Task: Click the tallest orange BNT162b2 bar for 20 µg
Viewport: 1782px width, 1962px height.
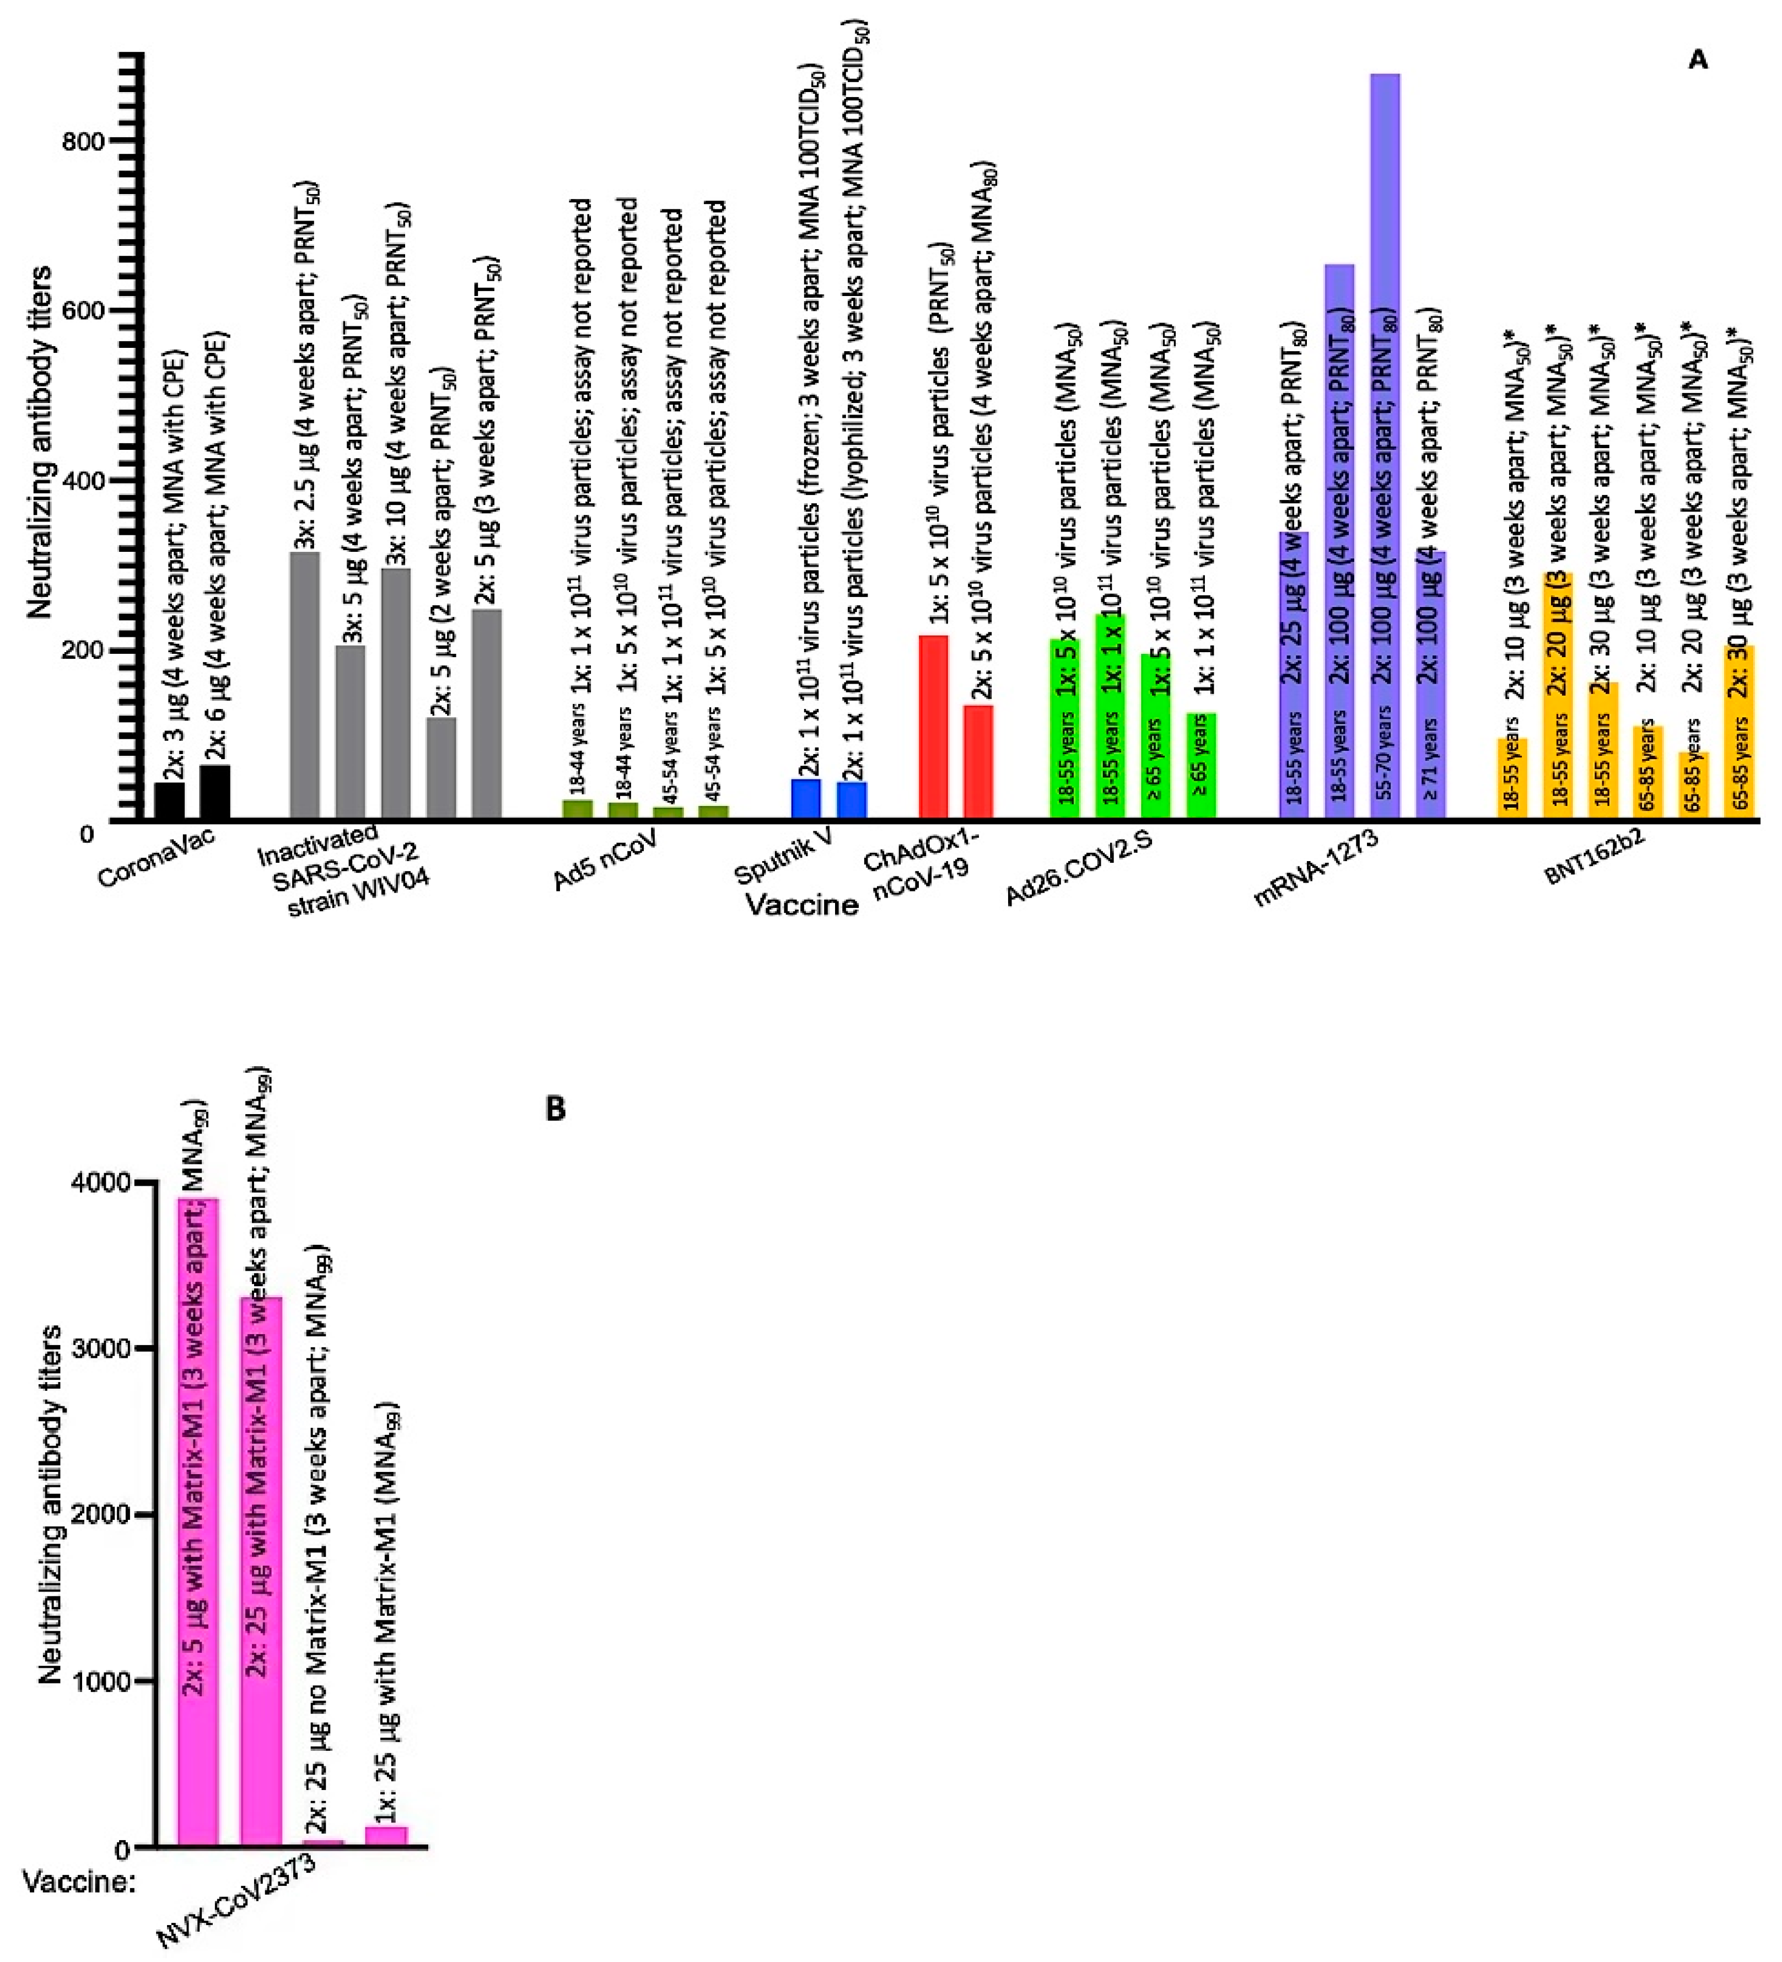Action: click(1557, 696)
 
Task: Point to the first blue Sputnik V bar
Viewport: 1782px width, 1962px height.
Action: click(806, 799)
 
